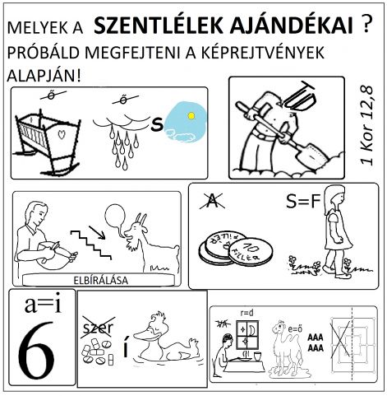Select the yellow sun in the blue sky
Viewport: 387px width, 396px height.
(x=191, y=117)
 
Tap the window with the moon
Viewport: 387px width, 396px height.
(x=246, y=337)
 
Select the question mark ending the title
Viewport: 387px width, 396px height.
(x=367, y=26)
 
